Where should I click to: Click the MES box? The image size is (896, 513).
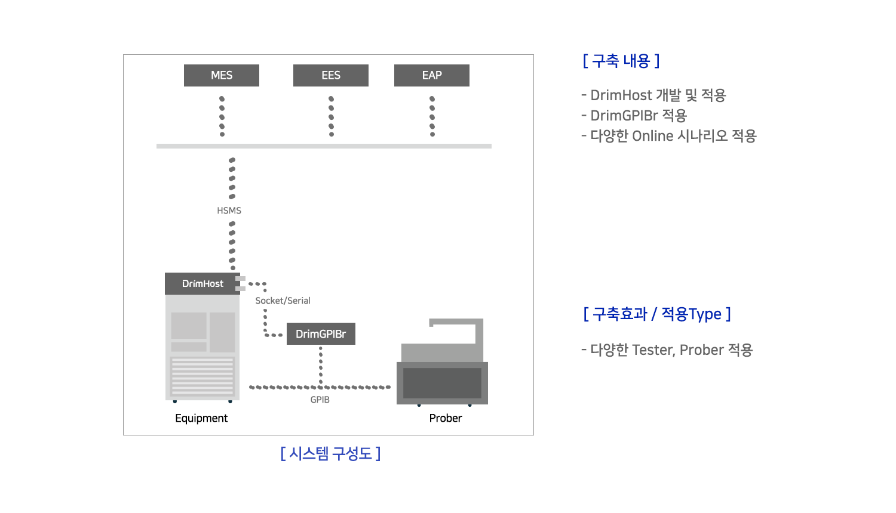221,75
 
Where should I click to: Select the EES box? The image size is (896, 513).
331,75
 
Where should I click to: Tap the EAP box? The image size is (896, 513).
432,75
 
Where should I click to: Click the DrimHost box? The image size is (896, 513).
202,284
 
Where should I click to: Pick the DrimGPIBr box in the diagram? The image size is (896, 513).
321,333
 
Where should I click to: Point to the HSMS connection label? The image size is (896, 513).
229,211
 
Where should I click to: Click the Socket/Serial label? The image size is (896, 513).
283,301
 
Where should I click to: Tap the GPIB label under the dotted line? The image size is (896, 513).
320,400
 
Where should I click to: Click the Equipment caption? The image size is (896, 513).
201,418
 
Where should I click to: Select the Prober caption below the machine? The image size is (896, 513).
446,418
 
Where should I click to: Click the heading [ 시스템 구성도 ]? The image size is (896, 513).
330,453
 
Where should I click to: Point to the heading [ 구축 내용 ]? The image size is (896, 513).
621,61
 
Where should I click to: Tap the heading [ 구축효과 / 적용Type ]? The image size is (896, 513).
657,314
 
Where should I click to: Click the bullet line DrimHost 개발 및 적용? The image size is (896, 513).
653,95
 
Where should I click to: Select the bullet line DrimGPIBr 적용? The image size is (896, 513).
634,116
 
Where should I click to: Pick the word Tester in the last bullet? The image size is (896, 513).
653,350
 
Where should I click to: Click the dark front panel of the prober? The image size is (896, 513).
442,383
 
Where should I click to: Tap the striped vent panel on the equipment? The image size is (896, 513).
202,376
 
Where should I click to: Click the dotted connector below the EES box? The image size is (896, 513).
331,116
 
